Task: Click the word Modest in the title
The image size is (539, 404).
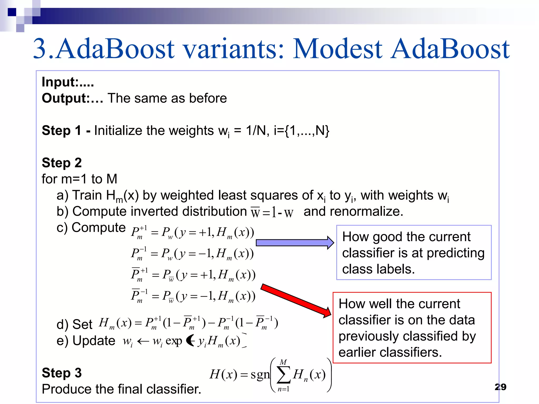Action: click(338, 49)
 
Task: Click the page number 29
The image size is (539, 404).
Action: click(500, 387)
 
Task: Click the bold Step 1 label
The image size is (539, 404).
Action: click(62, 131)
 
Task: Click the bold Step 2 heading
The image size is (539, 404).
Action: click(62, 163)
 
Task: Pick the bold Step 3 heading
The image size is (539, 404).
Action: click(62, 373)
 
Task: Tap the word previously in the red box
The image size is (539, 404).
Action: click(368, 336)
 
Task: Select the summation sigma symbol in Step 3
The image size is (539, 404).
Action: click(283, 375)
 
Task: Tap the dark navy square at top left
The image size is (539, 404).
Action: click(12, 12)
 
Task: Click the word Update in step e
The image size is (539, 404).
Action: click(94, 341)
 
